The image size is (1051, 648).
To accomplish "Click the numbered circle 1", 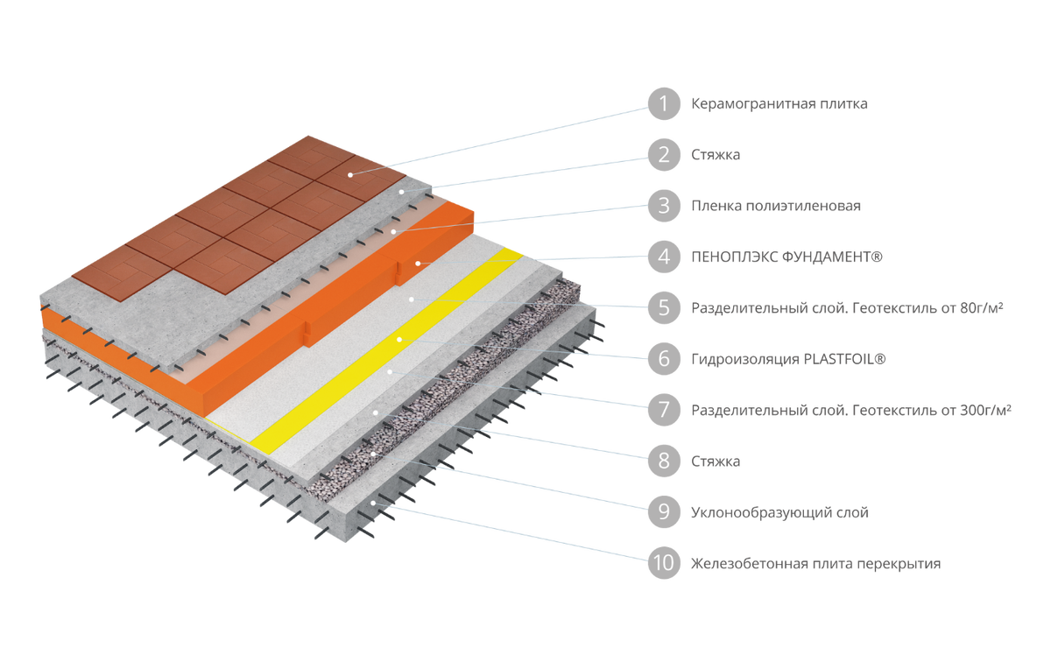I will pyautogui.click(x=664, y=104).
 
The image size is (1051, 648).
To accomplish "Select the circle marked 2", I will pyautogui.click(x=664, y=155).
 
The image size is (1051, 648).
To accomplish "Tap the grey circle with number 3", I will pyautogui.click(x=664, y=206).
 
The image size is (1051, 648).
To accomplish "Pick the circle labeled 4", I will pyautogui.click(x=664, y=257).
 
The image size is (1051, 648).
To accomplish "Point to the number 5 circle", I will pyautogui.click(x=664, y=308).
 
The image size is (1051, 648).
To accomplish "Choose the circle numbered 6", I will pyautogui.click(x=664, y=359).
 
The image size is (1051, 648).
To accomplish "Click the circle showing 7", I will pyautogui.click(x=664, y=410).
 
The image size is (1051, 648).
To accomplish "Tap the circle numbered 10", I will pyautogui.click(x=664, y=563).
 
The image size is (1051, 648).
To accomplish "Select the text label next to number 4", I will pyautogui.click(x=786, y=257).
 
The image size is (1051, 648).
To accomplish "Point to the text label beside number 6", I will pyautogui.click(x=789, y=359).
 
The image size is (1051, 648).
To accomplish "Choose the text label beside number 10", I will pyautogui.click(x=815, y=564).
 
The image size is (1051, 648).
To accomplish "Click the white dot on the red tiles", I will pyautogui.click(x=349, y=174).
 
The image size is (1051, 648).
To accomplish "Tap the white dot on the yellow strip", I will pyautogui.click(x=399, y=338).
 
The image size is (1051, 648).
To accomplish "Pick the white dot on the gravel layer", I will pyautogui.click(x=372, y=454).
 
